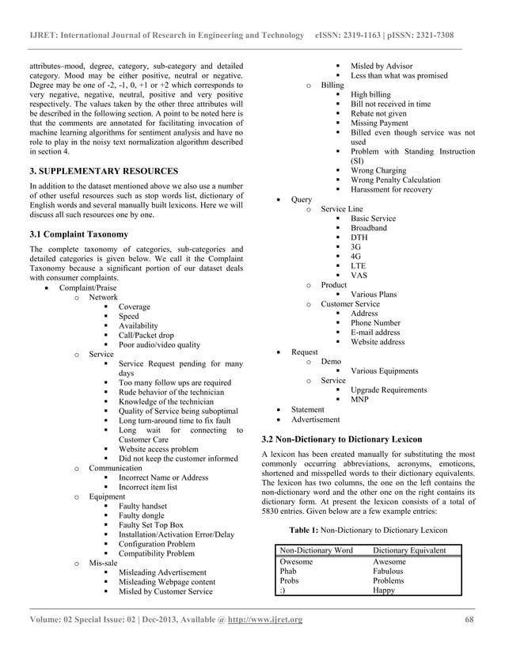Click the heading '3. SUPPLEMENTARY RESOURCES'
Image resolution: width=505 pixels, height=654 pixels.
point(104,171)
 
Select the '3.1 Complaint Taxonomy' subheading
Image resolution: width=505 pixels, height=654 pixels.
point(78,234)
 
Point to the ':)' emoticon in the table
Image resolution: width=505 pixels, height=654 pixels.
point(284,590)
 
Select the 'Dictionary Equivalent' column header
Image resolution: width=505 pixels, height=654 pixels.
point(409,550)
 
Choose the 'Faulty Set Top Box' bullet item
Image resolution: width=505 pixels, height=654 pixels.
point(150,525)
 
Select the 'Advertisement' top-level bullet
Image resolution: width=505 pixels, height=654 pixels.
point(315,419)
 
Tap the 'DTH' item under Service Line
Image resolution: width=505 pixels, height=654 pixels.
point(359,238)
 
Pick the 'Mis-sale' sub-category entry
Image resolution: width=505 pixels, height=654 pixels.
point(104,563)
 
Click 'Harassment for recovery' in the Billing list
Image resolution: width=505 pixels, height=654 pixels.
point(392,189)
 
